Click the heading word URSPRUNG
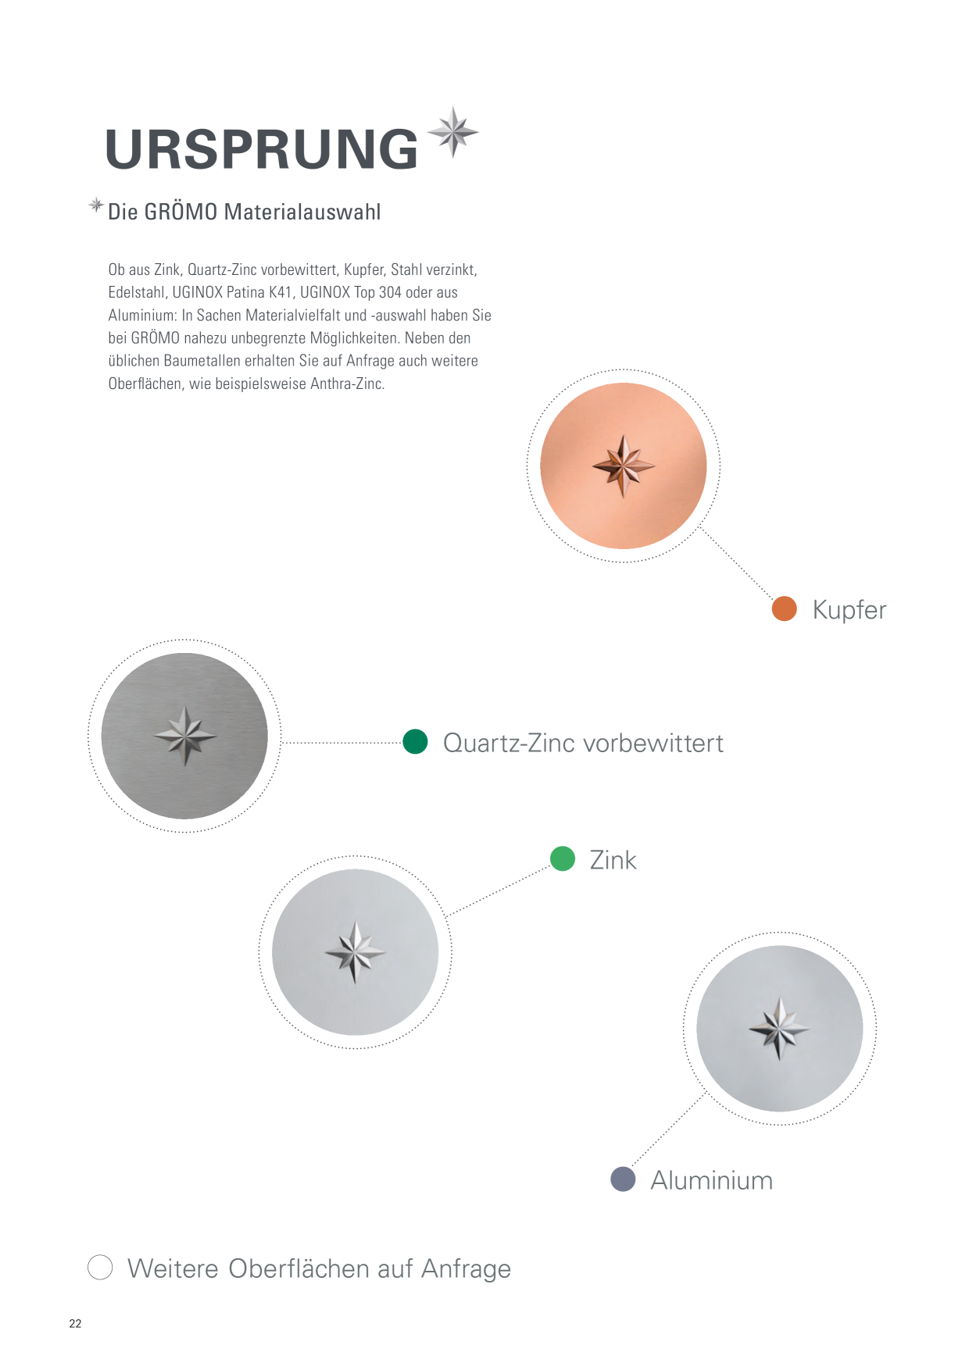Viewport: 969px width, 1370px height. pos(262,148)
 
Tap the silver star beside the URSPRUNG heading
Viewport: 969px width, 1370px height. pos(453,133)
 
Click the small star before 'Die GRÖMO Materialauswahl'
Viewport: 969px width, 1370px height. pos(96,205)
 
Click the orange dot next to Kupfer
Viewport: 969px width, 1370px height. pos(784,608)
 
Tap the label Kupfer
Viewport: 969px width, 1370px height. pos(849,609)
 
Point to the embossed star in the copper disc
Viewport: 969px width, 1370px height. pos(623,466)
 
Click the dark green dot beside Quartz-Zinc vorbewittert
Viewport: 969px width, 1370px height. pos(415,741)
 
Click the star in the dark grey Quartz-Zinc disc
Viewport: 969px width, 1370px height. pos(184,736)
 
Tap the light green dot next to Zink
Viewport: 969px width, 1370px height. pos(563,858)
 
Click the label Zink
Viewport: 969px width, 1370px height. pos(613,860)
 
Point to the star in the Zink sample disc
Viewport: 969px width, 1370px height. pos(355,952)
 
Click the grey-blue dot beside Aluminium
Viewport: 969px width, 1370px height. pos(623,1179)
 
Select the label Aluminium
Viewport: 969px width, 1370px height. pos(712,1180)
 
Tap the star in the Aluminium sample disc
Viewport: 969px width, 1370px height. pos(779,1028)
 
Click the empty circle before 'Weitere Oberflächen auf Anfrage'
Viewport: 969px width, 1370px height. pos(100,1267)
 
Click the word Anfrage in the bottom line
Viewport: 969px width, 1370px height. pos(466,1269)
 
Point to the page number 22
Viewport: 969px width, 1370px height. pos(75,1323)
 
